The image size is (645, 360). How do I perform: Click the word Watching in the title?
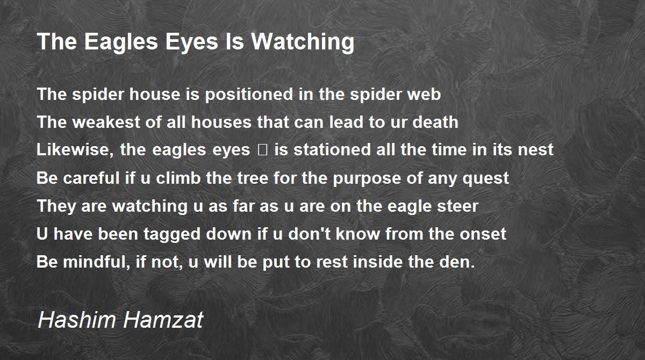pos(303,42)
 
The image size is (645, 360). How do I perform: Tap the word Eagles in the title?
pos(121,42)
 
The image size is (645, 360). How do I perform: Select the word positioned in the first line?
pos(249,95)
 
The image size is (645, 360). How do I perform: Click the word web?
pos(424,95)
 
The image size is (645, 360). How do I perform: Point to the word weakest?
pos(106,122)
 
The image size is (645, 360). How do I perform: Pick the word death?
pos(435,122)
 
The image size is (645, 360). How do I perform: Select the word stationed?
pos(332,149)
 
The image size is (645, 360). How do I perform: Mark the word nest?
pos(535,150)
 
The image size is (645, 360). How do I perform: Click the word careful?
pos(91,178)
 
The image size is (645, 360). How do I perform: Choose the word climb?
pos(178,178)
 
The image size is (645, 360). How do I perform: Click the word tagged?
pos(172,234)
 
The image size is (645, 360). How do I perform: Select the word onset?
pos(483,234)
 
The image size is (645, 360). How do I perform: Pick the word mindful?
pos(96,262)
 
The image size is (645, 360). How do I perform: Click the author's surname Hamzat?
pos(163,320)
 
